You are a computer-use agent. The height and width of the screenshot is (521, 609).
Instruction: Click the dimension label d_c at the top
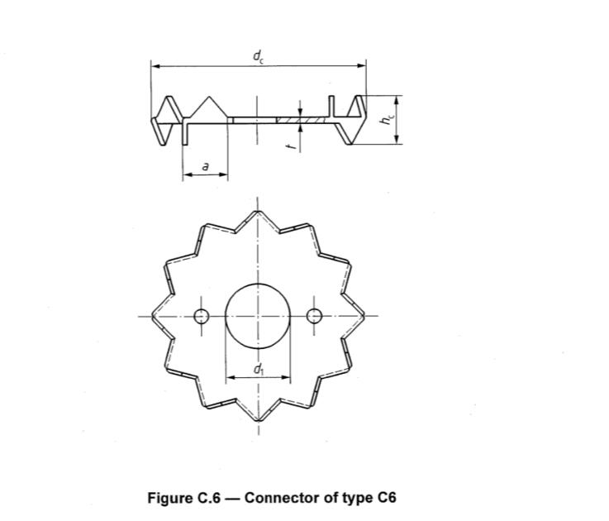258,55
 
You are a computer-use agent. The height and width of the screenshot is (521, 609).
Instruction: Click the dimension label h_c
385,119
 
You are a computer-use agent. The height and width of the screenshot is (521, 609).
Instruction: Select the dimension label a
204,166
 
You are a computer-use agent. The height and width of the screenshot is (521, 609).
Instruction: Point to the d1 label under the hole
258,370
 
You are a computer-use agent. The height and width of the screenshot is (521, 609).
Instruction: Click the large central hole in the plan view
258,315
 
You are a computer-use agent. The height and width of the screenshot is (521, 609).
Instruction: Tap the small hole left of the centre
201,315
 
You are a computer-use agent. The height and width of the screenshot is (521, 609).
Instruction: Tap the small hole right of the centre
314,315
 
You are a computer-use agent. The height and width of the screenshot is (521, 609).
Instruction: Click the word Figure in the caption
170,498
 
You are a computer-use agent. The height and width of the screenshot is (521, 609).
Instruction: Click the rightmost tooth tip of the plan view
365,315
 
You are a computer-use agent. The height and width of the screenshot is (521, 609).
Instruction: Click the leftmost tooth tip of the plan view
150,315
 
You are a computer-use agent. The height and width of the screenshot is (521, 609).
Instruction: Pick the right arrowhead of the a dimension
224,174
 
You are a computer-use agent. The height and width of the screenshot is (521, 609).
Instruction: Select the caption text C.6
206,498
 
